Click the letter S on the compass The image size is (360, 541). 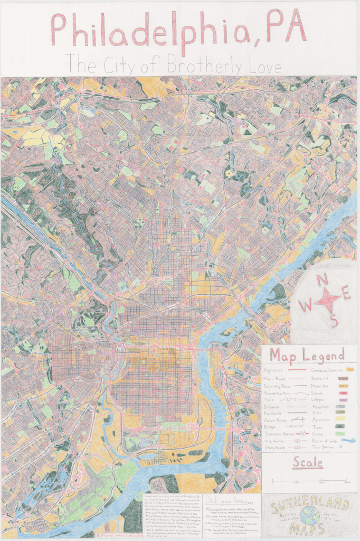click(x=334, y=321)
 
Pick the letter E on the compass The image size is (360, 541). click(x=346, y=293)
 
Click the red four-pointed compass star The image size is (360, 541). click(x=327, y=300)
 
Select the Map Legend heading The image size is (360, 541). click(x=307, y=355)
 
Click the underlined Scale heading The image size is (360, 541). click(x=308, y=462)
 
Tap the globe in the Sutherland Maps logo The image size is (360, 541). click(x=310, y=515)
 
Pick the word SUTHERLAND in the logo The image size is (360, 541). click(x=309, y=501)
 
